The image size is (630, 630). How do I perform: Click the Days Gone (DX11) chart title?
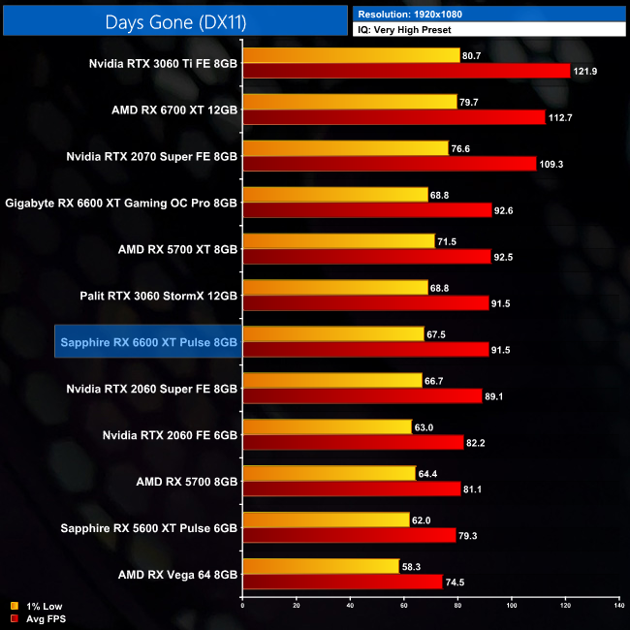[x=173, y=20]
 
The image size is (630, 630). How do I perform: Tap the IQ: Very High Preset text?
[x=407, y=30]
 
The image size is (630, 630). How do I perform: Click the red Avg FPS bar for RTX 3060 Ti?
[x=407, y=71]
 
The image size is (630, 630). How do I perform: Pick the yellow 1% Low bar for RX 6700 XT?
[x=349, y=102]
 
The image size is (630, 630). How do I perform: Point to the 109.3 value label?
[x=553, y=164]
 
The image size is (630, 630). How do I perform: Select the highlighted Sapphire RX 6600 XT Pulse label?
[x=148, y=342]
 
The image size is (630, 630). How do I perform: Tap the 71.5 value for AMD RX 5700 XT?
[x=451, y=241]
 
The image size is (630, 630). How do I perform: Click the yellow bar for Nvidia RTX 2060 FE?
[x=327, y=426]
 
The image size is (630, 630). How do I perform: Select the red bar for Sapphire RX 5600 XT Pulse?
[x=349, y=536]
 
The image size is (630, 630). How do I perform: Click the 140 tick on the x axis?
[x=617, y=607]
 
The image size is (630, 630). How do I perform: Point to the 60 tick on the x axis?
[x=403, y=607]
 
